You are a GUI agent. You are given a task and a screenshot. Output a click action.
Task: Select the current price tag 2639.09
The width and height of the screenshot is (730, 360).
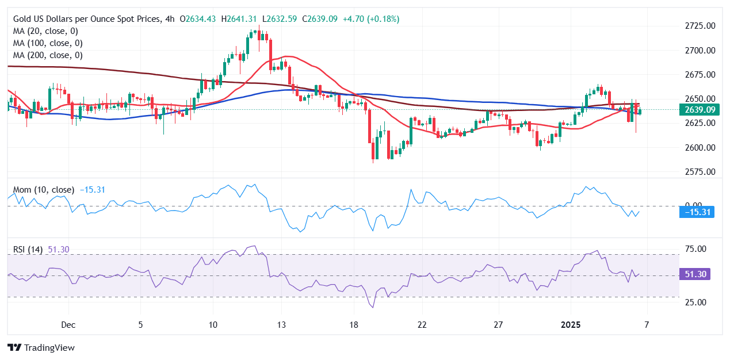700,109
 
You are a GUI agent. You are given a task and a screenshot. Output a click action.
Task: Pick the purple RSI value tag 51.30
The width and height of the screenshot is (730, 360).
694,275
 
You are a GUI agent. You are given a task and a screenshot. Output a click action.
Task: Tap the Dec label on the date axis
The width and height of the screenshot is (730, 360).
68,325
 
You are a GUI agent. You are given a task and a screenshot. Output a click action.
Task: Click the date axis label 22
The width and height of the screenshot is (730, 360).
422,325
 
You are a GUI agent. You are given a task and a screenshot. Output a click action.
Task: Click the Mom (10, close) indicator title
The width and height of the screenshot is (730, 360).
44,189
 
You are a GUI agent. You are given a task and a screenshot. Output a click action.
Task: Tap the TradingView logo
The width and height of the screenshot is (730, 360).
41,347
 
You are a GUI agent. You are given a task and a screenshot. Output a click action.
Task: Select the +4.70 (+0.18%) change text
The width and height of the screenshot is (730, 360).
372,19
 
